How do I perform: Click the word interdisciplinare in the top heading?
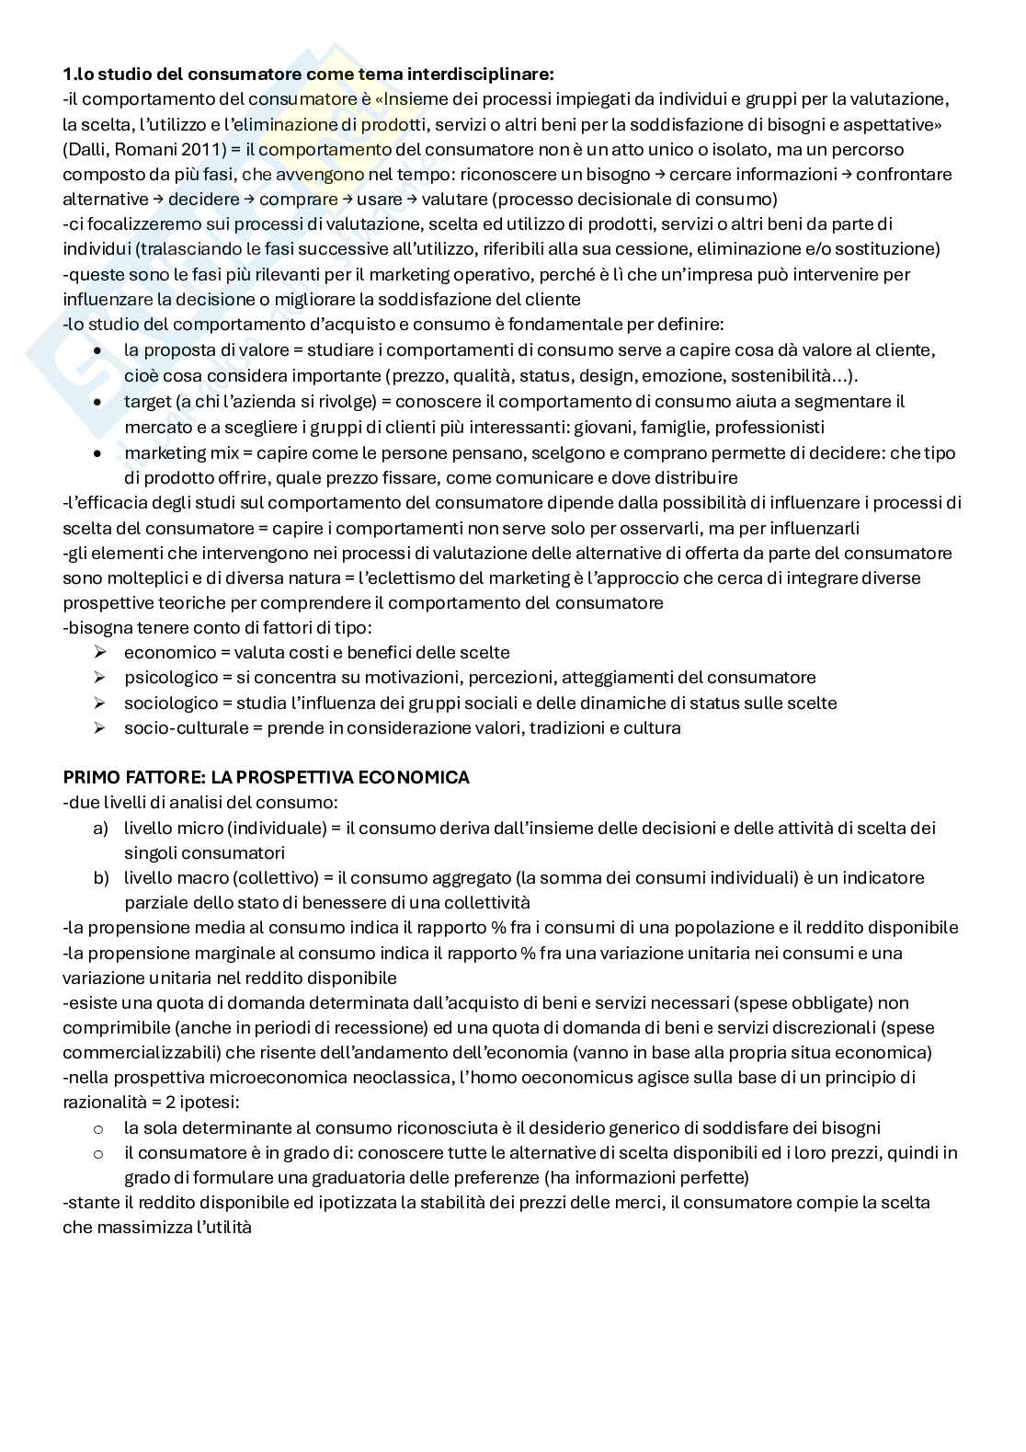(489, 74)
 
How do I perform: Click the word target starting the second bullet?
(147, 401)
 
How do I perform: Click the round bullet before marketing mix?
(98, 453)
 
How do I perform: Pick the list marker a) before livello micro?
(100, 828)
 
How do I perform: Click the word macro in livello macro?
(205, 877)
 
